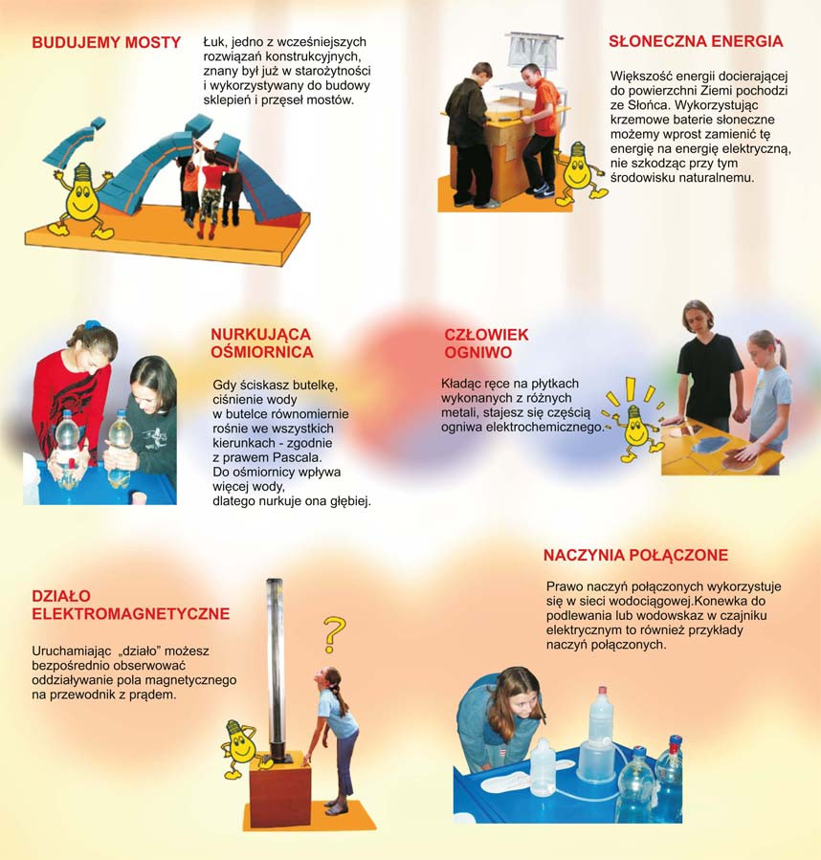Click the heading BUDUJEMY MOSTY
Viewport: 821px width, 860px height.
(x=106, y=43)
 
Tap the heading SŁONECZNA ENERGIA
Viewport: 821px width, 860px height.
(x=696, y=41)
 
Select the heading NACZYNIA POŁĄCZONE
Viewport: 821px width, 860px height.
(x=635, y=555)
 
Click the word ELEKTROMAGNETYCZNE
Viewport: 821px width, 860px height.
(x=130, y=614)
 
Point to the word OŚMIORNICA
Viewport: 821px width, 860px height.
(x=262, y=352)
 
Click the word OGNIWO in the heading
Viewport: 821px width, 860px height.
(x=478, y=352)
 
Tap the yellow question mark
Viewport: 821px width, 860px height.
(x=333, y=634)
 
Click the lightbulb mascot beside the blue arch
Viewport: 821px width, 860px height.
(x=82, y=200)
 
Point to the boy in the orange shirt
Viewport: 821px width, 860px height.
(x=539, y=129)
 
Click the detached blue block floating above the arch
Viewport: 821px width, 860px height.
(x=99, y=122)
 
